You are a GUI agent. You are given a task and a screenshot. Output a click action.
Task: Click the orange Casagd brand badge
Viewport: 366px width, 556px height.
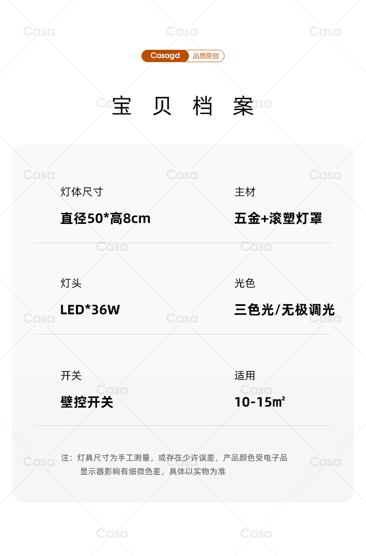click(165, 56)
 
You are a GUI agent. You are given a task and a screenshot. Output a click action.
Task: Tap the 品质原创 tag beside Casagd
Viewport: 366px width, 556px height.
click(206, 56)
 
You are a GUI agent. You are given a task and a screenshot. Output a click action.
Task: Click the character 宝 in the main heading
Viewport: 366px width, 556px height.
click(122, 106)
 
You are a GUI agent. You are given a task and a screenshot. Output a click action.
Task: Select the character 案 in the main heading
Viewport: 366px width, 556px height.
click(243, 106)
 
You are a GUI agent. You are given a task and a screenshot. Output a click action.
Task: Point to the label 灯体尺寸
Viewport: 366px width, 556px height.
click(82, 192)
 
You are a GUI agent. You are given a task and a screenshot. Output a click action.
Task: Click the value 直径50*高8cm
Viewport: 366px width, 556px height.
click(105, 218)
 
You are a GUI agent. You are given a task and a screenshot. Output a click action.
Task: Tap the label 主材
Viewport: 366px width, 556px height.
click(245, 192)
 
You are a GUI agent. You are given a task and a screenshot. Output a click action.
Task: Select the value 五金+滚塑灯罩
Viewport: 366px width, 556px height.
click(278, 218)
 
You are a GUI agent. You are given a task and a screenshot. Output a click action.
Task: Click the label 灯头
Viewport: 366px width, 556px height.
click(71, 283)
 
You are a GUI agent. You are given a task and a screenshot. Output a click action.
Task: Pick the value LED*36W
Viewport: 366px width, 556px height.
click(90, 310)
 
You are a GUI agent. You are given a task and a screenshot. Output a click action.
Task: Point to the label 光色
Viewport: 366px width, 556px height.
click(245, 283)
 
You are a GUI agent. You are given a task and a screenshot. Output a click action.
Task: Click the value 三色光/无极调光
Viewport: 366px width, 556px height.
click(285, 310)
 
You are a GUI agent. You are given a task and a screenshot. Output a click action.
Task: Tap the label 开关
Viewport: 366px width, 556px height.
click(71, 376)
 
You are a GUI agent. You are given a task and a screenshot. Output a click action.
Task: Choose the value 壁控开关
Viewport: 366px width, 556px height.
click(87, 402)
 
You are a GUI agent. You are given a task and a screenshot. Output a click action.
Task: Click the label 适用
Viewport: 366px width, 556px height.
click(245, 376)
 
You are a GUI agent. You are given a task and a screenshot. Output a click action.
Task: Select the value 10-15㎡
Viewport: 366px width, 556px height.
click(260, 402)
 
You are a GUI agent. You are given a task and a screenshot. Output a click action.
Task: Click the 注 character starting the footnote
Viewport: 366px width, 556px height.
click(65, 458)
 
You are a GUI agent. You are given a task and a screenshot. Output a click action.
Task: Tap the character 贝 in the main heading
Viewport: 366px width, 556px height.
click(162, 106)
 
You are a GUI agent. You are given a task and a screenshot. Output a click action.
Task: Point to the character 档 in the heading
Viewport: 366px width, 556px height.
click(203, 106)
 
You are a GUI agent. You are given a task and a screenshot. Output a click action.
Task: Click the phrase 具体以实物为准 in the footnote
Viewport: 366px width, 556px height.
click(198, 471)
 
